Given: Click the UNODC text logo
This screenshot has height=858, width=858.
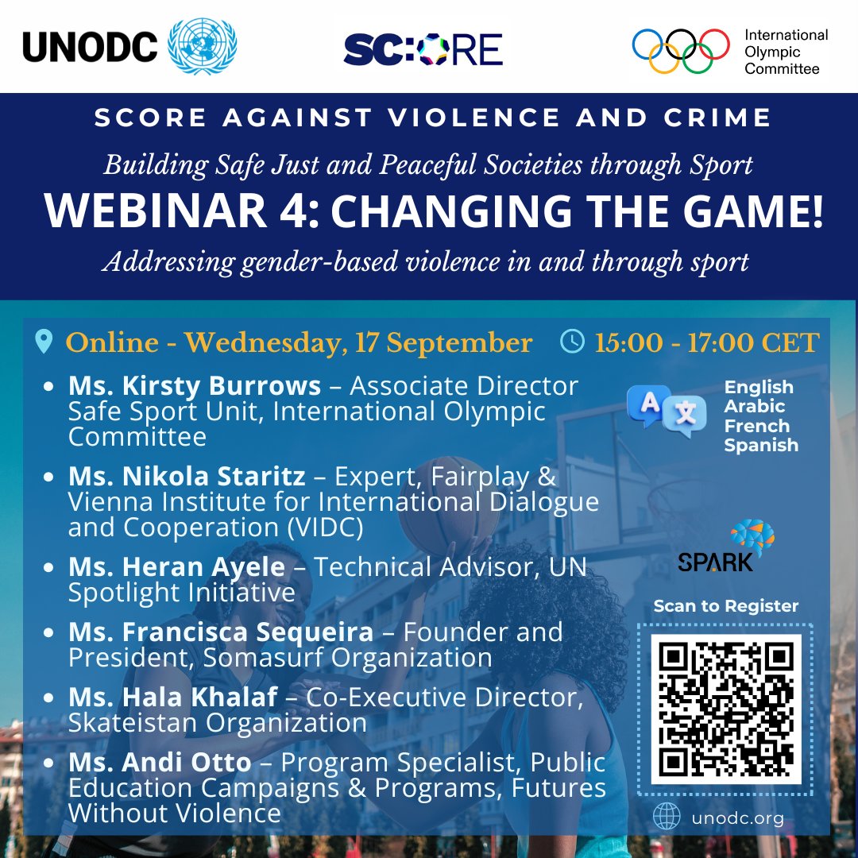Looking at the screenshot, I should pyautogui.click(x=89, y=47).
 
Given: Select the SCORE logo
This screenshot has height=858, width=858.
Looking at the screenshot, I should pyautogui.click(x=423, y=48).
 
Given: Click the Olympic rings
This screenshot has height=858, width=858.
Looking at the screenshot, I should pyautogui.click(x=681, y=49).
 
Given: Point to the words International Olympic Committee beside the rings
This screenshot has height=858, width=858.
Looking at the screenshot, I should pyautogui.click(x=786, y=52).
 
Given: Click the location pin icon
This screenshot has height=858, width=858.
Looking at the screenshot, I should pyautogui.click(x=44, y=342).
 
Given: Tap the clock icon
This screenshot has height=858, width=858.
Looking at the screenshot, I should pyautogui.click(x=572, y=342).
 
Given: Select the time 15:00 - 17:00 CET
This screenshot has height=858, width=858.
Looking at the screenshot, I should pyautogui.click(x=706, y=342).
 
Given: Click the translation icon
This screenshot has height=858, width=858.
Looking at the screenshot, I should pyautogui.click(x=666, y=411).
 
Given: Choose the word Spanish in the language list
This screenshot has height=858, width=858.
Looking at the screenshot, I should pyautogui.click(x=760, y=445).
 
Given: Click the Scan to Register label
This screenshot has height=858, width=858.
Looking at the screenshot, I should pyautogui.click(x=725, y=606).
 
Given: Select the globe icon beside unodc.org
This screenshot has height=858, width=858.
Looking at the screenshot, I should pyautogui.click(x=667, y=817).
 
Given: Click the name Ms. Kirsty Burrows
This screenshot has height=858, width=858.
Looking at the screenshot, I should pyautogui.click(x=195, y=386).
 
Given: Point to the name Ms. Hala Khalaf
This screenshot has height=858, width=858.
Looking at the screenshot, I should pyautogui.click(x=173, y=697).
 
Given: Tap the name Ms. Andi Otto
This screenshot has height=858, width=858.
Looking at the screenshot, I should pyautogui.click(x=160, y=763).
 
